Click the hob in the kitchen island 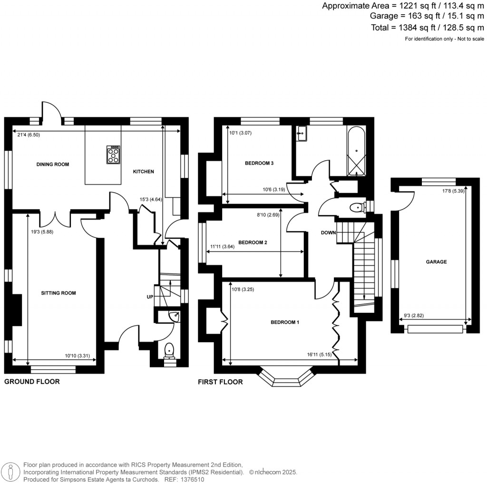114,155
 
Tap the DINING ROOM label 53,165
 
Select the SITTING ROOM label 58,293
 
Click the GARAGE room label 436,261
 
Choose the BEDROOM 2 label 253,242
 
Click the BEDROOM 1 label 284,322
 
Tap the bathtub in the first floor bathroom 356,151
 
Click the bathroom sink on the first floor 301,134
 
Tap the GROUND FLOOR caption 32,382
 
